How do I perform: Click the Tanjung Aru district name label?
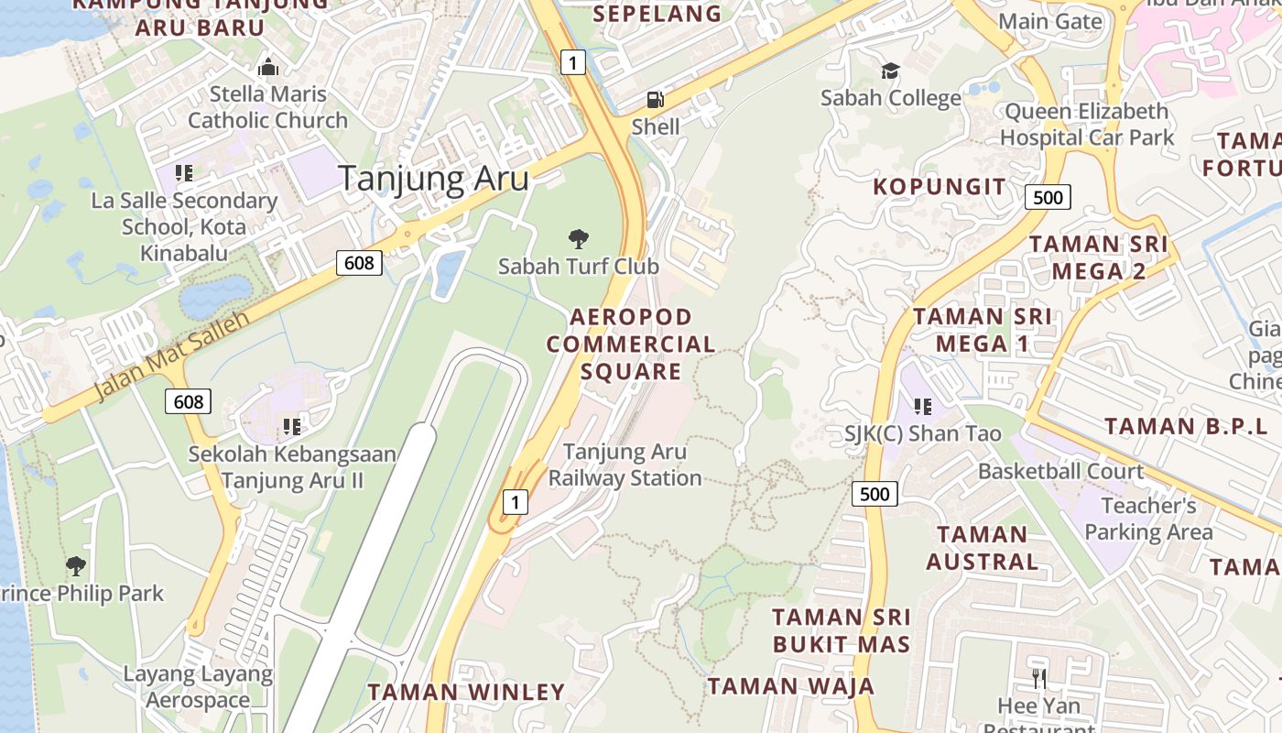click(434, 178)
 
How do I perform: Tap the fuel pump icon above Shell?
click(655, 99)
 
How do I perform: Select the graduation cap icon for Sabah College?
click(890, 71)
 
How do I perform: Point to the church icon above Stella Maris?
click(267, 67)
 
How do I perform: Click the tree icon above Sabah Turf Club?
click(578, 239)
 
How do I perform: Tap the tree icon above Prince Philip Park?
click(76, 565)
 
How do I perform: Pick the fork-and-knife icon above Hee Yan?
click(1038, 679)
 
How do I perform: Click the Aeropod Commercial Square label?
click(631, 344)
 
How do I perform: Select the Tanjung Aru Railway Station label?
click(625, 465)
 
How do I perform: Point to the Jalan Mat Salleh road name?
click(172, 356)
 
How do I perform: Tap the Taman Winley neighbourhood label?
click(466, 692)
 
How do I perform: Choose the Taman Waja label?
click(791, 685)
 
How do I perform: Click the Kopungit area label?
click(939, 187)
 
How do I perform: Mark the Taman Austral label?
click(982, 547)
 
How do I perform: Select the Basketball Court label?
click(1060, 471)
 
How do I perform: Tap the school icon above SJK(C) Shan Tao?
click(922, 406)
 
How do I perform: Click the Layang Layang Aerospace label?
click(198, 687)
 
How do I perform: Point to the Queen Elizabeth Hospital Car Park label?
click(1086, 125)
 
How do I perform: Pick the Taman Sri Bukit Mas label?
click(842, 629)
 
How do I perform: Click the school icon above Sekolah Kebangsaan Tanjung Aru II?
click(292, 426)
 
